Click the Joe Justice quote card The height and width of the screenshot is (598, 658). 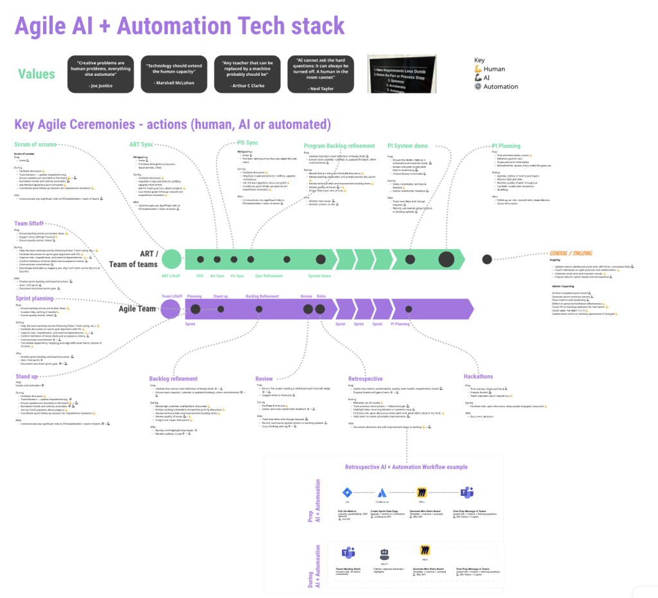100,75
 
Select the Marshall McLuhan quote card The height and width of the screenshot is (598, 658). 173,75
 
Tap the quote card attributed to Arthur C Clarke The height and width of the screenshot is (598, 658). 247,75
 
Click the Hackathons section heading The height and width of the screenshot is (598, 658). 478,376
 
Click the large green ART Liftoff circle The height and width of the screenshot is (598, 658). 172,259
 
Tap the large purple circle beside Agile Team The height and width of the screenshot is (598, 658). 170,309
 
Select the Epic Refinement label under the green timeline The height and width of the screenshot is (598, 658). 269,276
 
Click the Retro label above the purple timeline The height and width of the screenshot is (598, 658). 321,296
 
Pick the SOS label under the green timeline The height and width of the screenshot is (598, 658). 200,276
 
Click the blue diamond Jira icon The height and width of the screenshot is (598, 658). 346,493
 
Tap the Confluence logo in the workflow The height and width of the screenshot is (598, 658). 382,492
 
